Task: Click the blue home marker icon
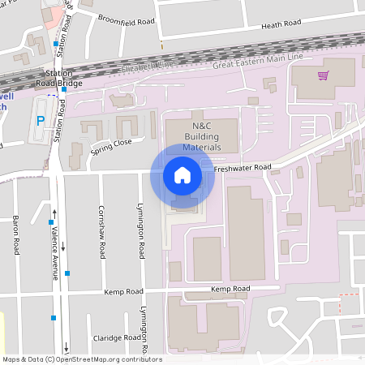click(x=182, y=175)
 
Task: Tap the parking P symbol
click(x=40, y=121)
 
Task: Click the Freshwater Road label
click(x=243, y=168)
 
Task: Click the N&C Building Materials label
click(x=202, y=137)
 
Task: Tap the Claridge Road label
click(x=118, y=338)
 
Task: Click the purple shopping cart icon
click(x=324, y=75)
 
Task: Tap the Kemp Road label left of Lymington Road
click(x=123, y=291)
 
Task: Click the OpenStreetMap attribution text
click(x=82, y=359)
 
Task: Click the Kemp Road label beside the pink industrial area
click(x=230, y=289)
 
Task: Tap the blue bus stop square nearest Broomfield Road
click(x=55, y=44)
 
